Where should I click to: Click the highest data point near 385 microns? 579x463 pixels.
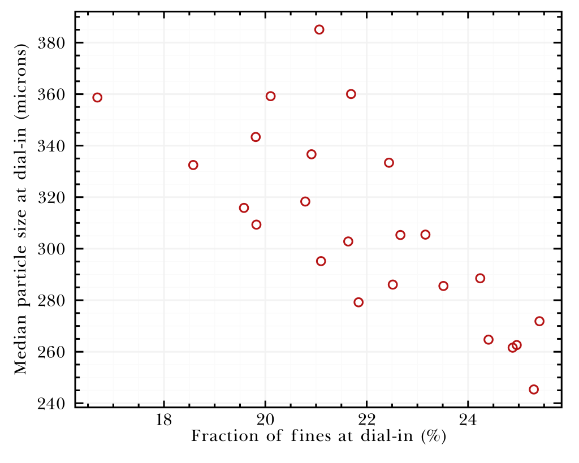coord(319,29)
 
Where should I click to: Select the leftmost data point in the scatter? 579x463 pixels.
coord(97,97)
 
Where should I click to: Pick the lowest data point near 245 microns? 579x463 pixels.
coord(534,389)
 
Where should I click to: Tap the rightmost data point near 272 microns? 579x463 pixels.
coord(539,321)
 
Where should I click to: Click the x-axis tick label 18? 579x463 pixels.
coord(164,420)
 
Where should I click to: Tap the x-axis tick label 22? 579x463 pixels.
coord(367,420)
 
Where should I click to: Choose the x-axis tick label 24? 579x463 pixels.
coord(468,420)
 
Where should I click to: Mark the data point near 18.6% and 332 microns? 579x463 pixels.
coord(193,165)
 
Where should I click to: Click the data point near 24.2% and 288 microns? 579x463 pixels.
coord(480,278)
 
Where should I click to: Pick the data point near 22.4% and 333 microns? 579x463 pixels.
coord(389,163)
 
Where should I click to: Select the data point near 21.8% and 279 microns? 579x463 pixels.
coord(358,302)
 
